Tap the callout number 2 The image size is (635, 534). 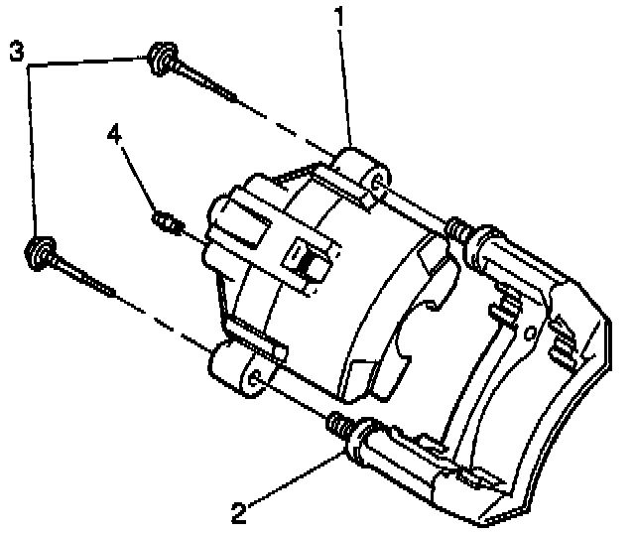coord(238,514)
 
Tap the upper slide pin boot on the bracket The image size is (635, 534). coord(459,230)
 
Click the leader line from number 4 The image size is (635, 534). coord(138,180)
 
